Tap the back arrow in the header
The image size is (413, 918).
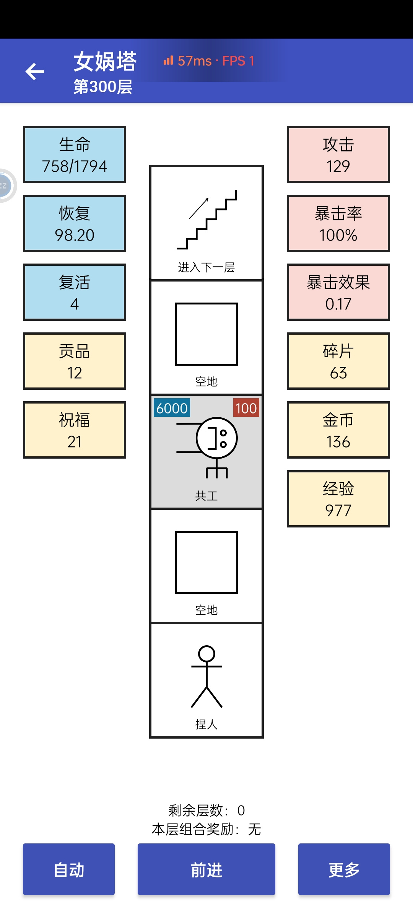tap(35, 72)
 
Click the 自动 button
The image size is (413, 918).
tap(69, 869)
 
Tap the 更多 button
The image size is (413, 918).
tap(344, 869)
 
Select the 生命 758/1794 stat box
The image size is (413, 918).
tap(75, 155)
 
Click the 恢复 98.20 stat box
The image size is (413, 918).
tap(75, 223)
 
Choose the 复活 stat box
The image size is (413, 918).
tap(75, 292)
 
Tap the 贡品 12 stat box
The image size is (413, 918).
tap(75, 361)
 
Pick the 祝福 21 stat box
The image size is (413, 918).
tap(75, 430)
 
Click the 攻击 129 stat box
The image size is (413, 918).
tap(338, 155)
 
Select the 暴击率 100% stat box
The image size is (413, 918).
tap(338, 223)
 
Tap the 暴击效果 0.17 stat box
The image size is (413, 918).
tap(338, 292)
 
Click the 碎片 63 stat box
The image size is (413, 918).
tap(338, 361)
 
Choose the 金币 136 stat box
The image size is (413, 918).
tap(338, 430)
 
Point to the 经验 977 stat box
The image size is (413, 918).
tap(338, 499)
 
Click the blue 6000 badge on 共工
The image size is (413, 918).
tap(172, 408)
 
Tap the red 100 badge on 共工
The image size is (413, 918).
tap(246, 408)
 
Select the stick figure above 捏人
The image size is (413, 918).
tap(206, 677)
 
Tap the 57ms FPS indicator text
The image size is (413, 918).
tap(209, 61)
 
